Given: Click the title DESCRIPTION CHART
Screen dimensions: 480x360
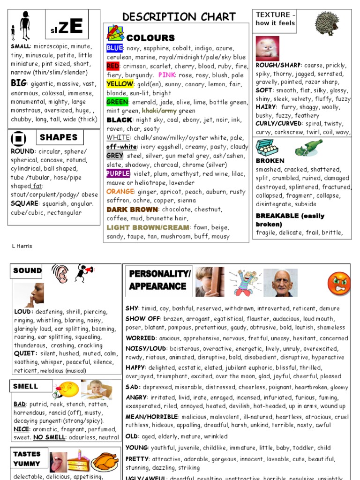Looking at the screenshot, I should [x=179, y=17].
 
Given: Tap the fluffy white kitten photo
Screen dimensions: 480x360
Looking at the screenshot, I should [x=267, y=49].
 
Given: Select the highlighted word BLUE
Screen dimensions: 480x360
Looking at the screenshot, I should [x=114, y=48].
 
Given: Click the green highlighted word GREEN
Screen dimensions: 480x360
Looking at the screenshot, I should [x=117, y=102].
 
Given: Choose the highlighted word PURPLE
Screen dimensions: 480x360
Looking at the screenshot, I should [x=118, y=174].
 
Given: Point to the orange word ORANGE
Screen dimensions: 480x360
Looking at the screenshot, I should [x=120, y=192].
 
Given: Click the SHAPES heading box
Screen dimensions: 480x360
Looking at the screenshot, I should [x=59, y=137].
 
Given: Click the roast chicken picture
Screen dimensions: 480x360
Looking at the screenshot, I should [x=105, y=462].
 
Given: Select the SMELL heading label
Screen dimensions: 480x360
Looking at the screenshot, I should [x=26, y=387].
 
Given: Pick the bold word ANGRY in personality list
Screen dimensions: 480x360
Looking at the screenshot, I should [x=136, y=397].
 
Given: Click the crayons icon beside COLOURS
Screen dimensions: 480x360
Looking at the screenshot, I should [x=115, y=33].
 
